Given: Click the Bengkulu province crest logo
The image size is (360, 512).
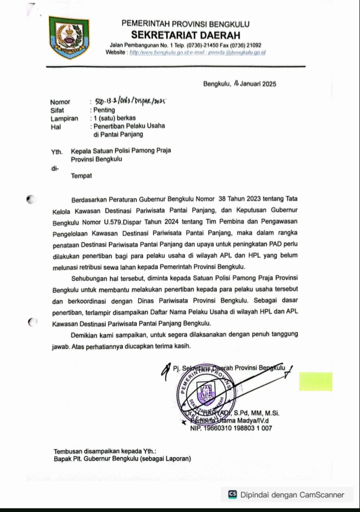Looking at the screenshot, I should tap(69, 37).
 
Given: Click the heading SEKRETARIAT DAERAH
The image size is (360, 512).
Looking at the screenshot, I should tap(185, 35).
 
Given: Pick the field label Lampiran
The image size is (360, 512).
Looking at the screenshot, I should tap(64, 118).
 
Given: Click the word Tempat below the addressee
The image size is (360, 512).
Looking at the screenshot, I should tap(81, 176).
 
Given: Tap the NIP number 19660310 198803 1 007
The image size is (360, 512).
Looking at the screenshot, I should tap(231, 428).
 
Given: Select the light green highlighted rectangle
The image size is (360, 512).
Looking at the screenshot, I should tap(316, 381).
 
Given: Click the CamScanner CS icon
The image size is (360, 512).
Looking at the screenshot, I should tap(232, 494).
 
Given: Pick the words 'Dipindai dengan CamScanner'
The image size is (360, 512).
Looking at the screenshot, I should tap(292, 495).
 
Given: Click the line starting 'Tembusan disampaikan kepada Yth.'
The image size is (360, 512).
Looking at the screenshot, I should tap(105, 452).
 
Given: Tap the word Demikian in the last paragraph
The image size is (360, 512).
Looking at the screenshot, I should tap(86, 335).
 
